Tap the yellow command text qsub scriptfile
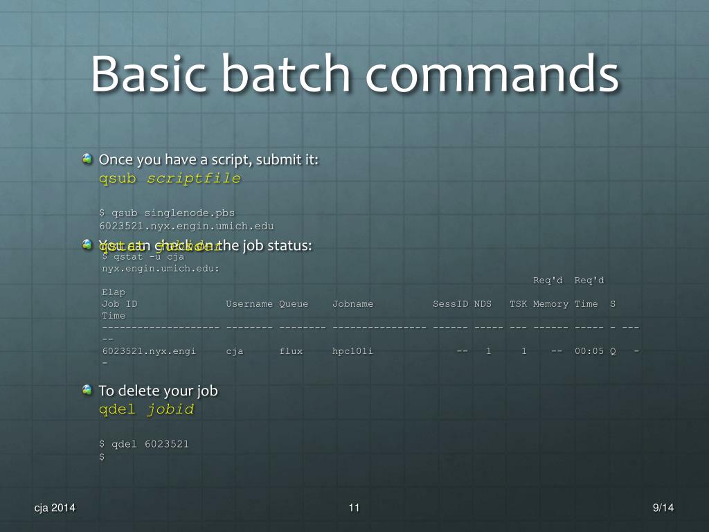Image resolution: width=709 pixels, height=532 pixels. [170, 178]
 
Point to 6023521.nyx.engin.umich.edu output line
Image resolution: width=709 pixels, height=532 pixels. [188, 225]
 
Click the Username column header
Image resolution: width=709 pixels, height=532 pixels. [249, 303]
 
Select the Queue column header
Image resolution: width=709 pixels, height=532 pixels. [294, 303]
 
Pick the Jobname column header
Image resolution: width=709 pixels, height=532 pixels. [352, 303]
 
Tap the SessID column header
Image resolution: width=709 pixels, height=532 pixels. [451, 303]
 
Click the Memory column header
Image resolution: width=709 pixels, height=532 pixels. [550, 303]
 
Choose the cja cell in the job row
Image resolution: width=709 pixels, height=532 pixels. [235, 351]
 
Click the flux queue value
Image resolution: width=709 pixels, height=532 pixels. [291, 351]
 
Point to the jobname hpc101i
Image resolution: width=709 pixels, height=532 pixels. [352, 351]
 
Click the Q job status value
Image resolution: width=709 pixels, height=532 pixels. [613, 351]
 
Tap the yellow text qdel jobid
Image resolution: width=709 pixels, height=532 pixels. [146, 409]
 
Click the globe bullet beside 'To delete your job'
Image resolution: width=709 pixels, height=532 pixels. [87, 390]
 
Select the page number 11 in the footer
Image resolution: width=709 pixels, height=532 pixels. [354, 508]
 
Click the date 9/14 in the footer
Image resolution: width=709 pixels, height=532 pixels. [663, 508]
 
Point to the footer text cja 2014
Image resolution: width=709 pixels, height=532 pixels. [55, 508]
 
